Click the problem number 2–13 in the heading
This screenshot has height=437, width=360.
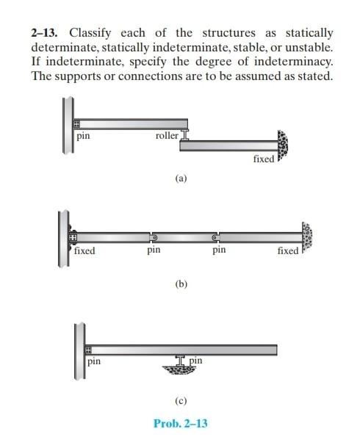point(43,33)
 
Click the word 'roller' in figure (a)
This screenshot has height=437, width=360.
point(167,137)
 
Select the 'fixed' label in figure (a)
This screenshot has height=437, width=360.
point(262,159)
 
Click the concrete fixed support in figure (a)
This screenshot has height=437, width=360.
point(282,147)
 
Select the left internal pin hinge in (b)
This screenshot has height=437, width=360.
point(154,238)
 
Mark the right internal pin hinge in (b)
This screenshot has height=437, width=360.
point(215,238)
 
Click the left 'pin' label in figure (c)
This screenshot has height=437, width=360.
point(94,361)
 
